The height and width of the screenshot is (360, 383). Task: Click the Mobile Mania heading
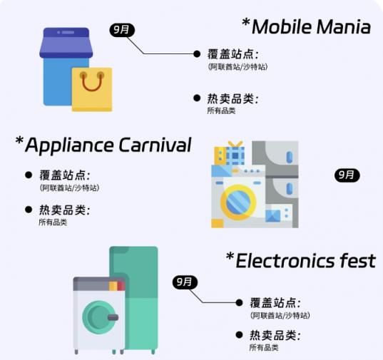click(311, 26)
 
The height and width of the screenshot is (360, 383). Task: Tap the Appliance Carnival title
click(108, 145)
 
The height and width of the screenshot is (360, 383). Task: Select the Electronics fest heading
click(305, 261)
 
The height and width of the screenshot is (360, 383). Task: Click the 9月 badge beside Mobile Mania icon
click(122, 30)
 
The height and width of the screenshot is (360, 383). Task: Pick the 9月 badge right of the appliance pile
click(347, 175)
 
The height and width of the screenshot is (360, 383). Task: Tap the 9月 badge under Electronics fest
click(185, 282)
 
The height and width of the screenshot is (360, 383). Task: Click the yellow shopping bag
click(92, 90)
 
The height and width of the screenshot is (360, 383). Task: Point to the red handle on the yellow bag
click(92, 82)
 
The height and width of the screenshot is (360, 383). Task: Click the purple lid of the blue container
click(66, 43)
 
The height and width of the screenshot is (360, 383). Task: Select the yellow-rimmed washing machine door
click(238, 202)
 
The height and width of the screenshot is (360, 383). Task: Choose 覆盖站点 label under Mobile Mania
click(233, 54)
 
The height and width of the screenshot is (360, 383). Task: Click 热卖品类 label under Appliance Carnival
click(65, 210)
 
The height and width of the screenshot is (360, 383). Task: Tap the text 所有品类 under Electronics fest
click(264, 347)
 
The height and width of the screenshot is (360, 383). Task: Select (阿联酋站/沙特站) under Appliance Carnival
click(69, 187)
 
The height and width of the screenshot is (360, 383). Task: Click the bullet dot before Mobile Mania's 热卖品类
click(197, 98)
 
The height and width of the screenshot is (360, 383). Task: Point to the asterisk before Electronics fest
click(230, 257)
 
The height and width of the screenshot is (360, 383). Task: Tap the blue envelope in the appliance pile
click(273, 216)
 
